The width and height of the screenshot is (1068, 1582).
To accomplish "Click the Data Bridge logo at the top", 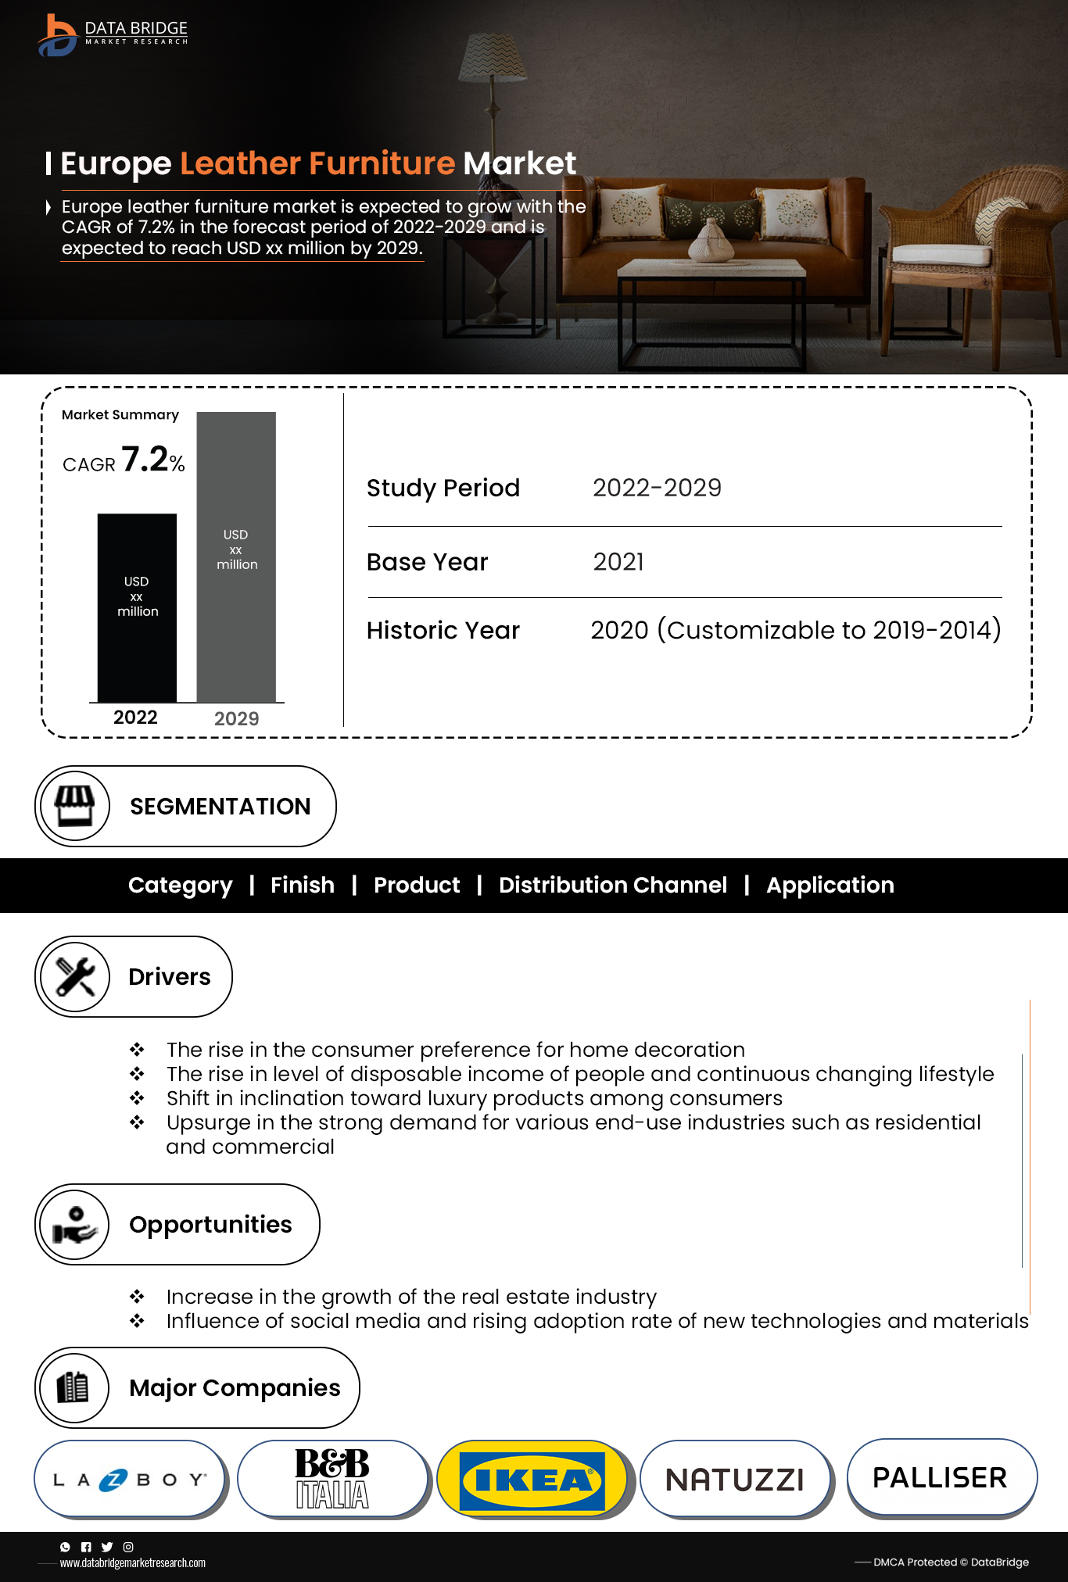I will click(113, 35).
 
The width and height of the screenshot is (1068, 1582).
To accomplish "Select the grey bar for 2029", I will click(236, 556).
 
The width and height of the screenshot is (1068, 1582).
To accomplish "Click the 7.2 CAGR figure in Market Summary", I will click(145, 460).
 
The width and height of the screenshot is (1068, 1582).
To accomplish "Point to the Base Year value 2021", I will click(618, 562).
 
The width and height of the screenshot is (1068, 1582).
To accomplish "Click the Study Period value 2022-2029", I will click(657, 488).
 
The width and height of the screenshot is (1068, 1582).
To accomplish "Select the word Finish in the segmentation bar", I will click(303, 885).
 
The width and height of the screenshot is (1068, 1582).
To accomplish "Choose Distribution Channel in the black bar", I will click(613, 885).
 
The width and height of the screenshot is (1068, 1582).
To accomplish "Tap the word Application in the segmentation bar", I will click(830, 885).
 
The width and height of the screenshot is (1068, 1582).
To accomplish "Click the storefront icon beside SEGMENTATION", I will click(75, 806).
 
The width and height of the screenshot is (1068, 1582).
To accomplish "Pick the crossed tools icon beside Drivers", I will click(75, 976).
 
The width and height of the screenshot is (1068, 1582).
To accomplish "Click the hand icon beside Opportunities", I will click(75, 1224).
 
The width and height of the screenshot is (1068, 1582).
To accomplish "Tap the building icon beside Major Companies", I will click(74, 1387).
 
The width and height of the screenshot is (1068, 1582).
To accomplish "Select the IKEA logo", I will click(532, 1480).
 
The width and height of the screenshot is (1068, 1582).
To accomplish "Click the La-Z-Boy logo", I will click(130, 1479).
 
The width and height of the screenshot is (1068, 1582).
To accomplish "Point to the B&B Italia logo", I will click(332, 1478).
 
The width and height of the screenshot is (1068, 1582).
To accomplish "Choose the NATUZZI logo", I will click(735, 1480).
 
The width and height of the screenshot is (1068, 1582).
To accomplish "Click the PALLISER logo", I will click(940, 1477).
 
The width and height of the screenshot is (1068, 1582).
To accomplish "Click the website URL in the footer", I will click(133, 1562).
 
